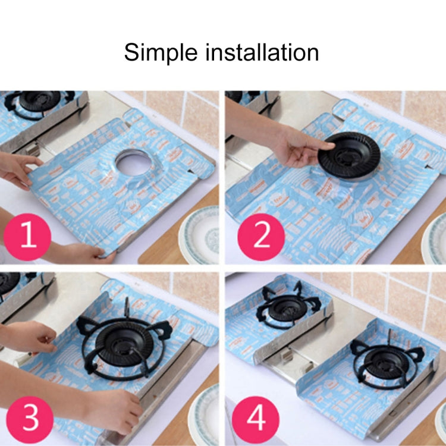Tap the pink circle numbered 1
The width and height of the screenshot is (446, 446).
pos(26,237)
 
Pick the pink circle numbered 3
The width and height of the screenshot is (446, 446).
pos(26,419)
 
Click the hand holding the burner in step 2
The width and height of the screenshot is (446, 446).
pos(300,146)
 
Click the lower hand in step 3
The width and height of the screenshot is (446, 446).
pos(113,410)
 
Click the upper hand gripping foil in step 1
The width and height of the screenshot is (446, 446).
pos(18,168)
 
